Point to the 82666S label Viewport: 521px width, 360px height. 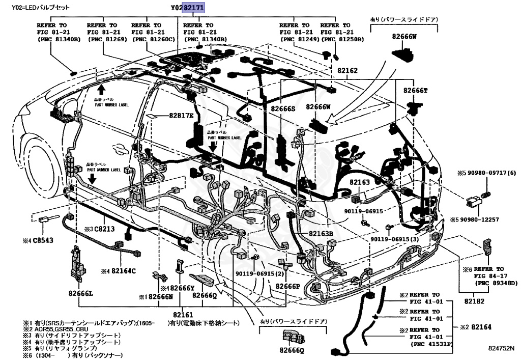point(283,108)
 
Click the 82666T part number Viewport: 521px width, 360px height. point(416,90)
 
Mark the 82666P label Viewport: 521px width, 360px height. point(288,286)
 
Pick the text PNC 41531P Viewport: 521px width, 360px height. point(431,344)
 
